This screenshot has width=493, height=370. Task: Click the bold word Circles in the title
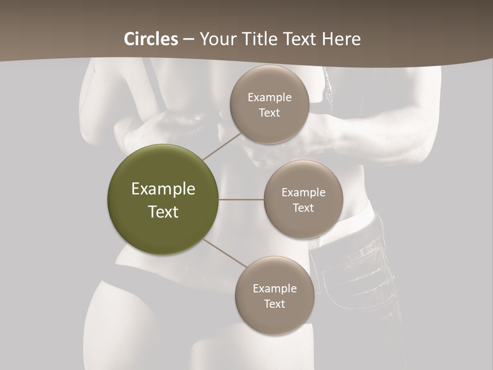pyautogui.click(x=151, y=39)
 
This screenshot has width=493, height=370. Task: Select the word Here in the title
pyautogui.click(x=342, y=39)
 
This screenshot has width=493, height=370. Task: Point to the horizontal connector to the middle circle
pyautogui.click(x=241, y=199)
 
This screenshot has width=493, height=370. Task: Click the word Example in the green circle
pyautogui.click(x=163, y=189)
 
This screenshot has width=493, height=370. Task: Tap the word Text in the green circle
pyautogui.click(x=163, y=212)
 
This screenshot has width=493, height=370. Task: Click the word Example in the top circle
pyautogui.click(x=270, y=98)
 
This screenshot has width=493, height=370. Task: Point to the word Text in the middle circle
pyautogui.click(x=303, y=208)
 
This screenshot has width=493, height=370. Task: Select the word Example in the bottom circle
pyautogui.click(x=275, y=289)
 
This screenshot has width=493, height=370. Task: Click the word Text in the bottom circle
pyautogui.click(x=274, y=304)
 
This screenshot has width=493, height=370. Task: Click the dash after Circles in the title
pyautogui.click(x=188, y=40)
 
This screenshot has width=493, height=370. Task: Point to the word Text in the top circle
pyautogui.click(x=269, y=113)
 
